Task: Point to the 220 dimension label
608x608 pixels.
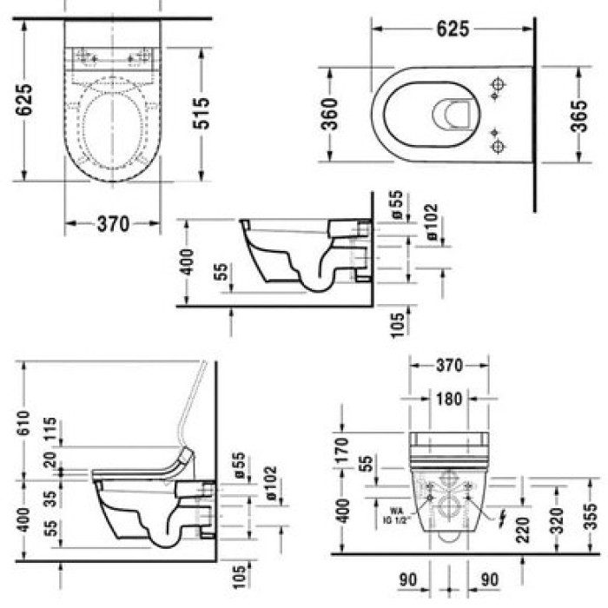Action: (523, 526)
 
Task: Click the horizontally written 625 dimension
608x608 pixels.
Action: (453, 29)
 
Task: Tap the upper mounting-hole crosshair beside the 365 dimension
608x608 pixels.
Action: (499, 87)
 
